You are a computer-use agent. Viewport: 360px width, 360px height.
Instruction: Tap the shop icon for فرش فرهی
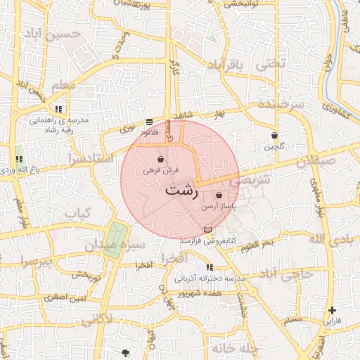[162, 159]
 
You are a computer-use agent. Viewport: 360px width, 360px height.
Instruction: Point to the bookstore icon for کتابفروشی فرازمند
[206, 230]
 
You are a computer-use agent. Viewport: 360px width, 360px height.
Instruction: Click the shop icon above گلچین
[274, 135]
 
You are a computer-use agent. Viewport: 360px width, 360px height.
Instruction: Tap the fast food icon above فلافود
[148, 121]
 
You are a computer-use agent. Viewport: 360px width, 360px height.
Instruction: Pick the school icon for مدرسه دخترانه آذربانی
[210, 267]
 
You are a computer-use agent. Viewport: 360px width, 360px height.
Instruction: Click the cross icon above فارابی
[332, 310]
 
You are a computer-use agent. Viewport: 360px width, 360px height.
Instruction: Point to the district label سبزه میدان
[115, 246]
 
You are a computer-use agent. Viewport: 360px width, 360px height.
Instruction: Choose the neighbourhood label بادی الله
[328, 240]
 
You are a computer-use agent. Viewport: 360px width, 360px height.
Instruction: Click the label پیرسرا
[37, 262]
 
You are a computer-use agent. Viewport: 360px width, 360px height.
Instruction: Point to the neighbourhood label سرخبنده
[280, 104]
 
